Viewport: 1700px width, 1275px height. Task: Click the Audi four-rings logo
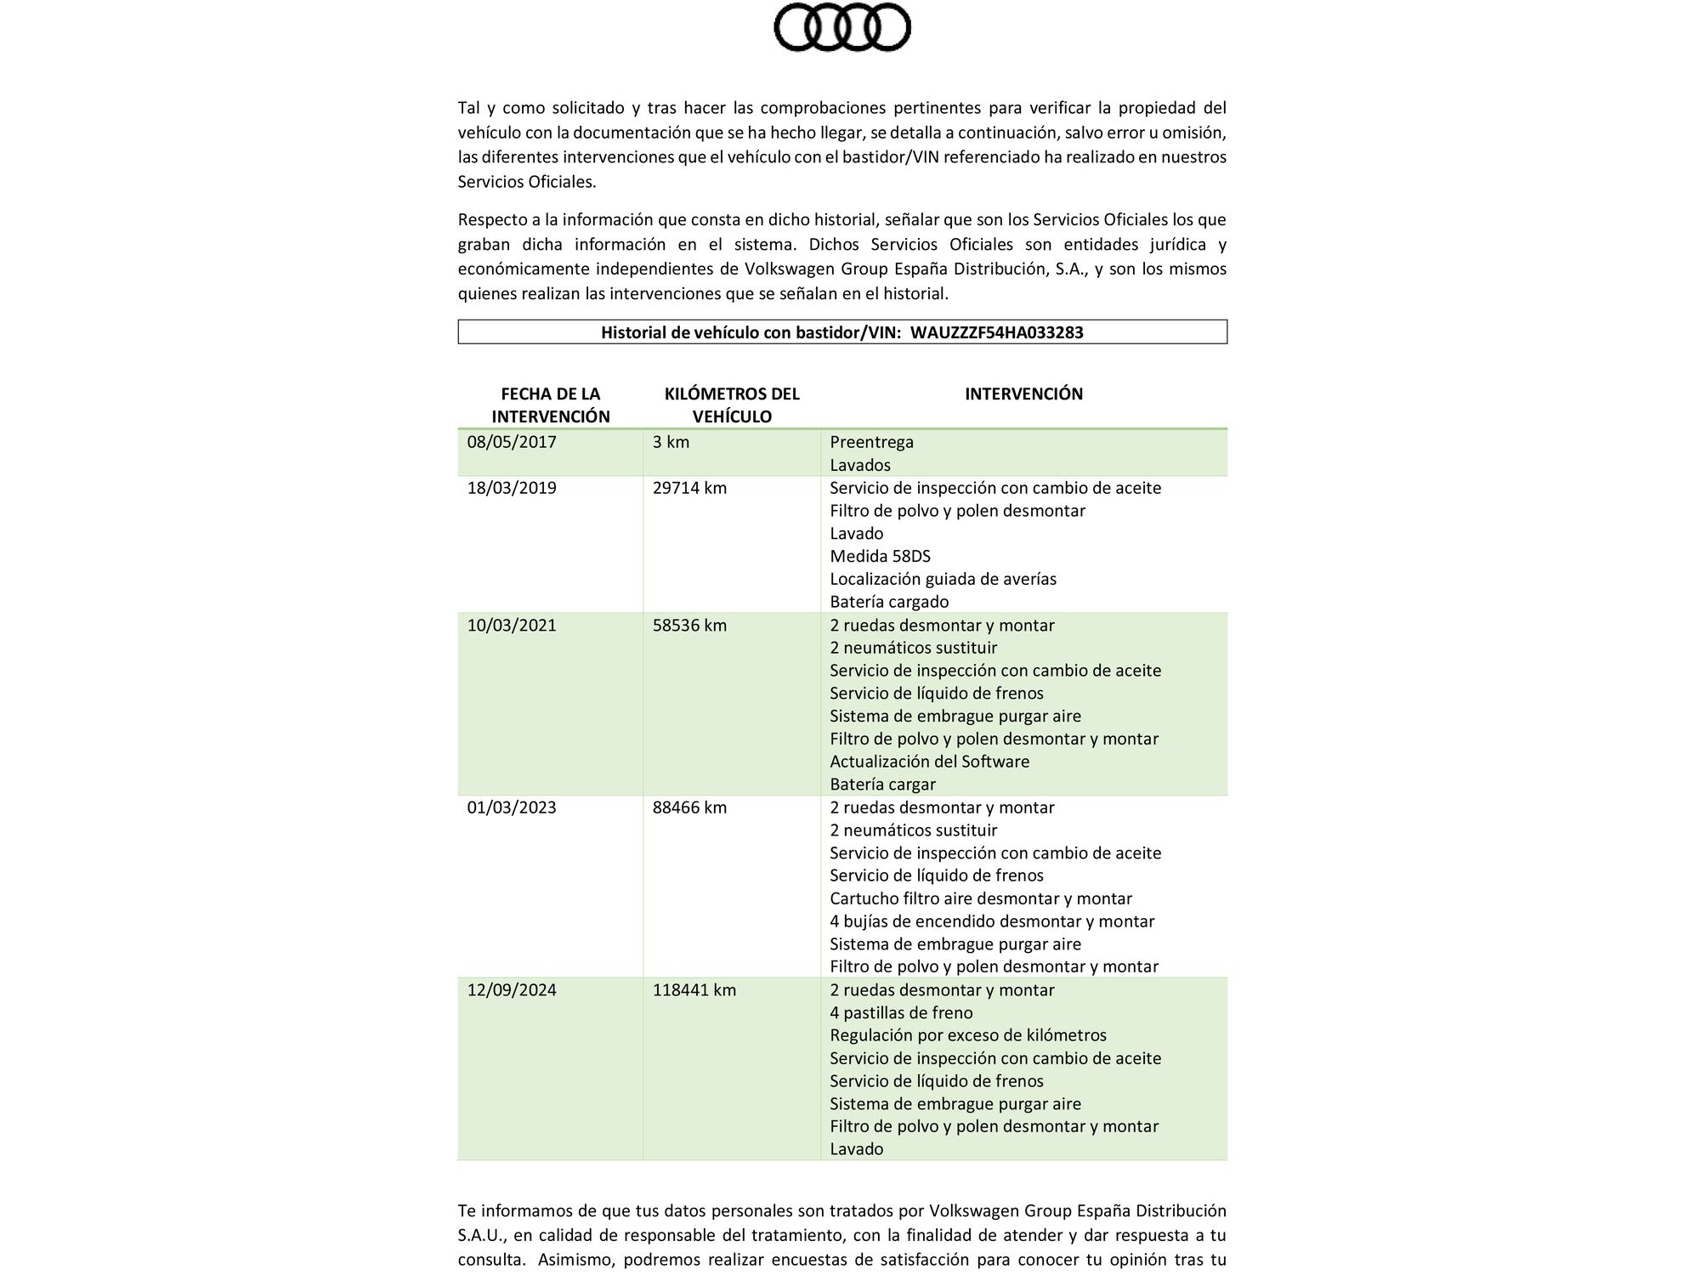(841, 27)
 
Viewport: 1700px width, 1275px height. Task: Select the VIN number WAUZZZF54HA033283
(996, 332)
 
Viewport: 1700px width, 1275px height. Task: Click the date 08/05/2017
(512, 442)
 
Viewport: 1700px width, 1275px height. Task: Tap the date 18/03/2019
(512, 488)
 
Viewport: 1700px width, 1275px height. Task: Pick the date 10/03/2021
(512, 626)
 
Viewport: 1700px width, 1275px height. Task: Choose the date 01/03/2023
(512, 807)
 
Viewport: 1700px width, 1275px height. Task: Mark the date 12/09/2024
(512, 990)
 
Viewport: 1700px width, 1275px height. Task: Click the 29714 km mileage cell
(689, 488)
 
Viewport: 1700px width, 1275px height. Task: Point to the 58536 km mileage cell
(689, 626)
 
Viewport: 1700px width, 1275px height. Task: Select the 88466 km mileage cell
(689, 807)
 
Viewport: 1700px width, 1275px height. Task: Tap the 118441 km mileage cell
(694, 990)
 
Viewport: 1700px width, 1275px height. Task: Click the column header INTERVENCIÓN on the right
(1023, 394)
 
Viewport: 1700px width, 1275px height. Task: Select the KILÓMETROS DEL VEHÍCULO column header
(732, 405)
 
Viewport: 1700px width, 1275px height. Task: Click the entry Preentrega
(871, 442)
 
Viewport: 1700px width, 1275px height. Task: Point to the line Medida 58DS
(880, 556)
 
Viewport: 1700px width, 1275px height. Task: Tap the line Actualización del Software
(929, 762)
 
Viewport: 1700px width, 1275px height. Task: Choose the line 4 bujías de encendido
(991, 921)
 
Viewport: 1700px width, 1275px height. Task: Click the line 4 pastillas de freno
(901, 1012)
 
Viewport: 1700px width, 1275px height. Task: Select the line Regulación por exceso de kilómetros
(967, 1035)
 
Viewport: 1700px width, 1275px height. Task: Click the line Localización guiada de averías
(943, 579)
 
